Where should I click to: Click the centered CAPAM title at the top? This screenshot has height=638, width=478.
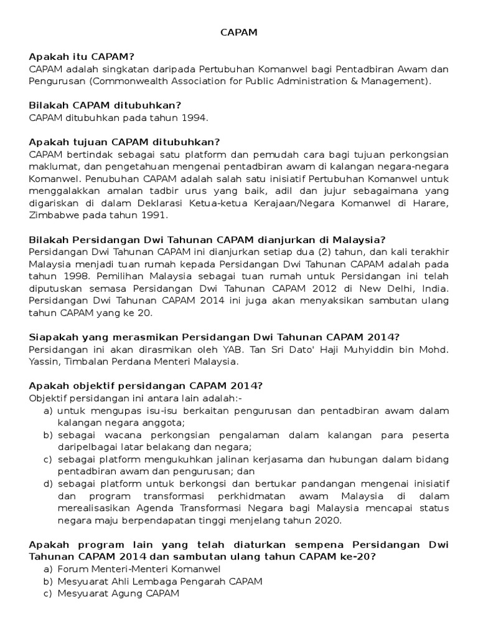click(x=238, y=33)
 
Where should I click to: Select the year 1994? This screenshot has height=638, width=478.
click(x=193, y=118)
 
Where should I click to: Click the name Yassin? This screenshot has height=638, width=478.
click(x=45, y=361)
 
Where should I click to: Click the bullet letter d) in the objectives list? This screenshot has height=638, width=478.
click(x=47, y=484)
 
